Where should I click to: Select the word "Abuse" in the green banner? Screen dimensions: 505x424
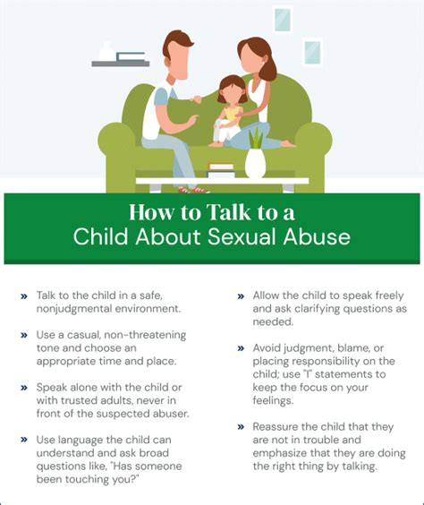[x=318, y=238]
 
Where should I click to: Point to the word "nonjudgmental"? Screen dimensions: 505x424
[x=78, y=307]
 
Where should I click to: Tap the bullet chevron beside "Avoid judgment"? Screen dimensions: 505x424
[x=242, y=347]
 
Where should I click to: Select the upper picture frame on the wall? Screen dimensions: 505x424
[x=283, y=20]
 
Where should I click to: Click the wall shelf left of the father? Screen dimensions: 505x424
[x=120, y=63]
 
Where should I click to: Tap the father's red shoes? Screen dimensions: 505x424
[x=192, y=189]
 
